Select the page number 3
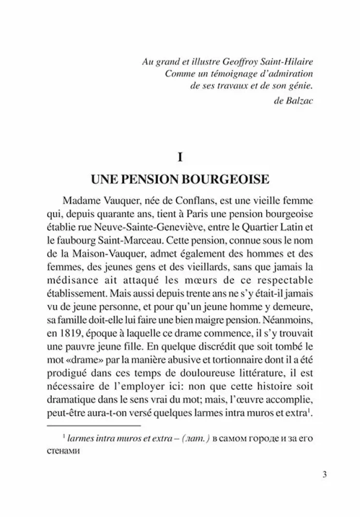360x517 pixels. (x=324, y=476)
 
